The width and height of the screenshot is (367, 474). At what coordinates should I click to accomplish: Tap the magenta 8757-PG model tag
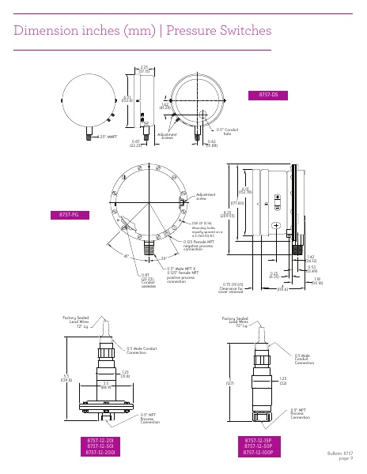(70, 214)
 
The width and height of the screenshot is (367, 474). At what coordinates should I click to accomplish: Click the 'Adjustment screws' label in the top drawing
(167, 137)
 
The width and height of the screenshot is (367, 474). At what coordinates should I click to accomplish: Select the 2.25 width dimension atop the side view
(144, 69)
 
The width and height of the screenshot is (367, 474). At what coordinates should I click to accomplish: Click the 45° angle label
(105, 255)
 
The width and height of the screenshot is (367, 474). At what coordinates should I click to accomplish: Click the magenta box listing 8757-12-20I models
(100, 446)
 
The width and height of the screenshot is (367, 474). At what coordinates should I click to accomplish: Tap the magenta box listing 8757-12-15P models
(259, 446)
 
